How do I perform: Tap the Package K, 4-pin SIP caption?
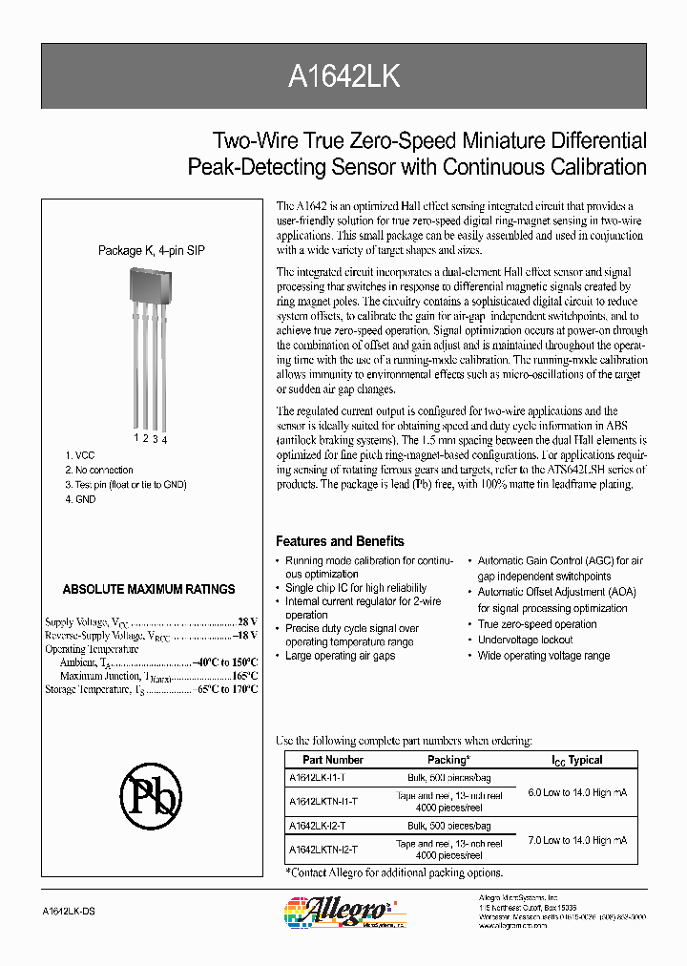coord(151,250)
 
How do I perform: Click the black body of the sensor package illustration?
coord(150,287)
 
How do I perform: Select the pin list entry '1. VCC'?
coord(80,455)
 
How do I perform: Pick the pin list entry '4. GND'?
coord(80,499)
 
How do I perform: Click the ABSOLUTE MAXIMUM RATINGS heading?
coord(148,589)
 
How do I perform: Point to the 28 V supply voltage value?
coord(247,620)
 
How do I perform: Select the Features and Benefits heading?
coord(340,540)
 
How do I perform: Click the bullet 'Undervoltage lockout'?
coord(525,640)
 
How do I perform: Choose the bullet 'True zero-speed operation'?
coord(537,624)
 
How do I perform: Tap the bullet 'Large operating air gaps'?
coord(340,657)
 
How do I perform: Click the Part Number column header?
coord(333,760)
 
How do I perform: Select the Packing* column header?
coord(448,760)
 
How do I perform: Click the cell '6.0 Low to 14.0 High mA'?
coord(578,792)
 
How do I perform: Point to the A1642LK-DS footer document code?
coord(70,913)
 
